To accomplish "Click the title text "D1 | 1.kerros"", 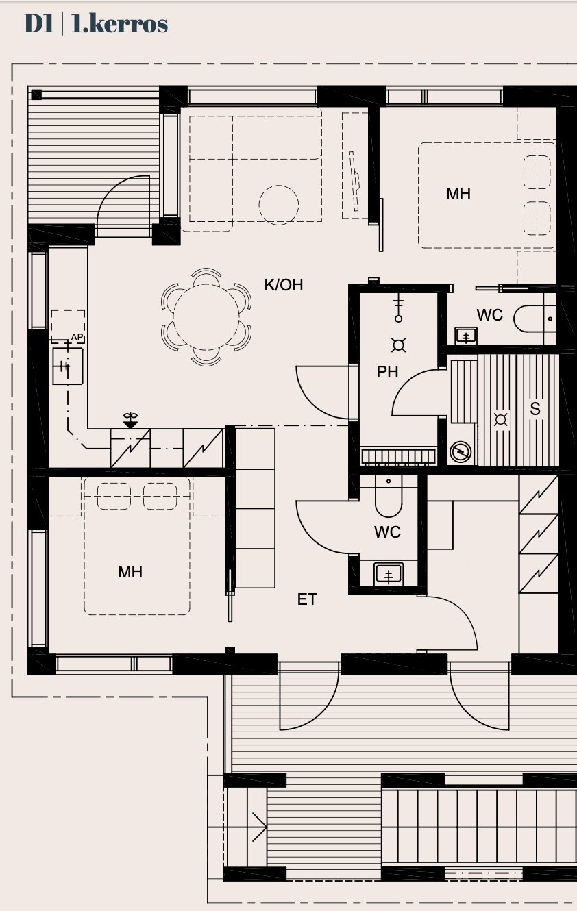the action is click(96, 23).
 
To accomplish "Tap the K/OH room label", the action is click(284, 285).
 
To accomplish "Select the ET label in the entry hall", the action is click(307, 599).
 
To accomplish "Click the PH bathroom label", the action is click(387, 372).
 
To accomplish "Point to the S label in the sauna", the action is click(535, 409).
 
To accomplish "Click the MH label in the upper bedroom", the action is click(458, 194).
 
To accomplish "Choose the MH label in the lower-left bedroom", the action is click(130, 572).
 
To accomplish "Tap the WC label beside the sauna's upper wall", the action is click(489, 315).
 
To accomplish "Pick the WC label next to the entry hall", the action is click(387, 532).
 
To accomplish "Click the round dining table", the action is click(206, 317).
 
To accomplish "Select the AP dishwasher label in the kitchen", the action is click(77, 337).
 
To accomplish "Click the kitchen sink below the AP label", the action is click(68, 366).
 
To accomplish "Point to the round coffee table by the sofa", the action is click(279, 205).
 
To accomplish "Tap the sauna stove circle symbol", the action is click(461, 452).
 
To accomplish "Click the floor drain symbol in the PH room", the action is click(398, 345).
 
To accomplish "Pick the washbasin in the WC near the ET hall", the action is click(389, 574).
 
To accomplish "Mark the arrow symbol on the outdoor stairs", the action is click(259, 826).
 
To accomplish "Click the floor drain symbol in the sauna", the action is click(500, 419).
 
